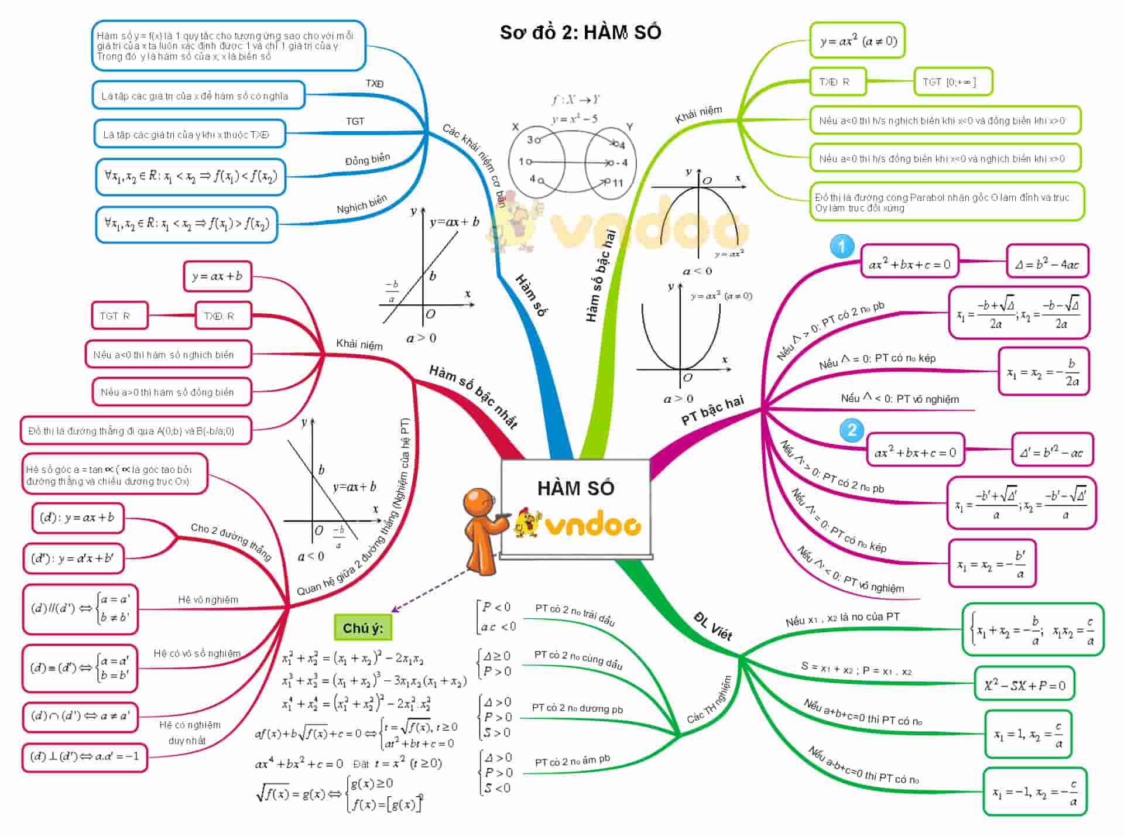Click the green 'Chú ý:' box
click(x=363, y=628)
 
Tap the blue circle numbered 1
click(x=842, y=246)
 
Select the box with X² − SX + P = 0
click(x=1024, y=684)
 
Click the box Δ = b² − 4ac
click(x=1047, y=264)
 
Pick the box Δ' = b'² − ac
click(x=1052, y=451)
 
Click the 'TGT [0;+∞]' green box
click(x=952, y=82)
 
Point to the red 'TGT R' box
click(x=119, y=316)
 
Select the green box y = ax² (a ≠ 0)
click(x=858, y=41)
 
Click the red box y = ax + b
click(x=217, y=276)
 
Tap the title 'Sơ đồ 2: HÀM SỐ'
click(x=580, y=32)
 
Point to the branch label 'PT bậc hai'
click(x=712, y=410)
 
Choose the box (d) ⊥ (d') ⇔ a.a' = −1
click(x=85, y=757)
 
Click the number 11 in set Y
click(x=618, y=183)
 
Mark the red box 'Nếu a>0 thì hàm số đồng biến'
click(x=172, y=392)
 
